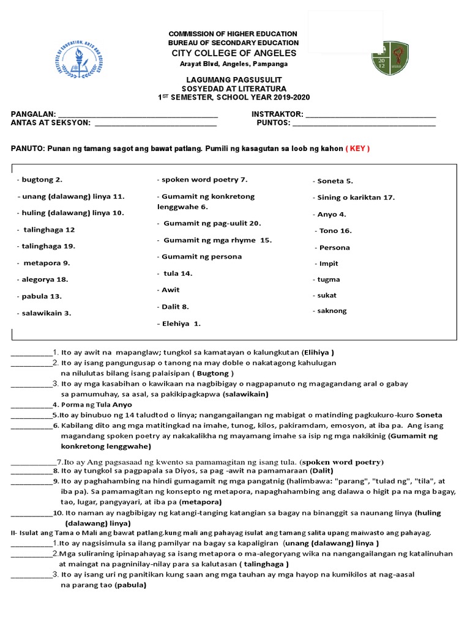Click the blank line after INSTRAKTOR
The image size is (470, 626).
pos(370,114)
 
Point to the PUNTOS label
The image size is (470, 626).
pos(273,123)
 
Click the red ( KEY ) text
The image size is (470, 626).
pos(358,149)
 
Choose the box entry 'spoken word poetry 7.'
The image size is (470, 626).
pos(202,180)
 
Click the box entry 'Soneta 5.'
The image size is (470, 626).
pos(334,181)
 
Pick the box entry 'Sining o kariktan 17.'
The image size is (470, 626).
pos(354,197)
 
